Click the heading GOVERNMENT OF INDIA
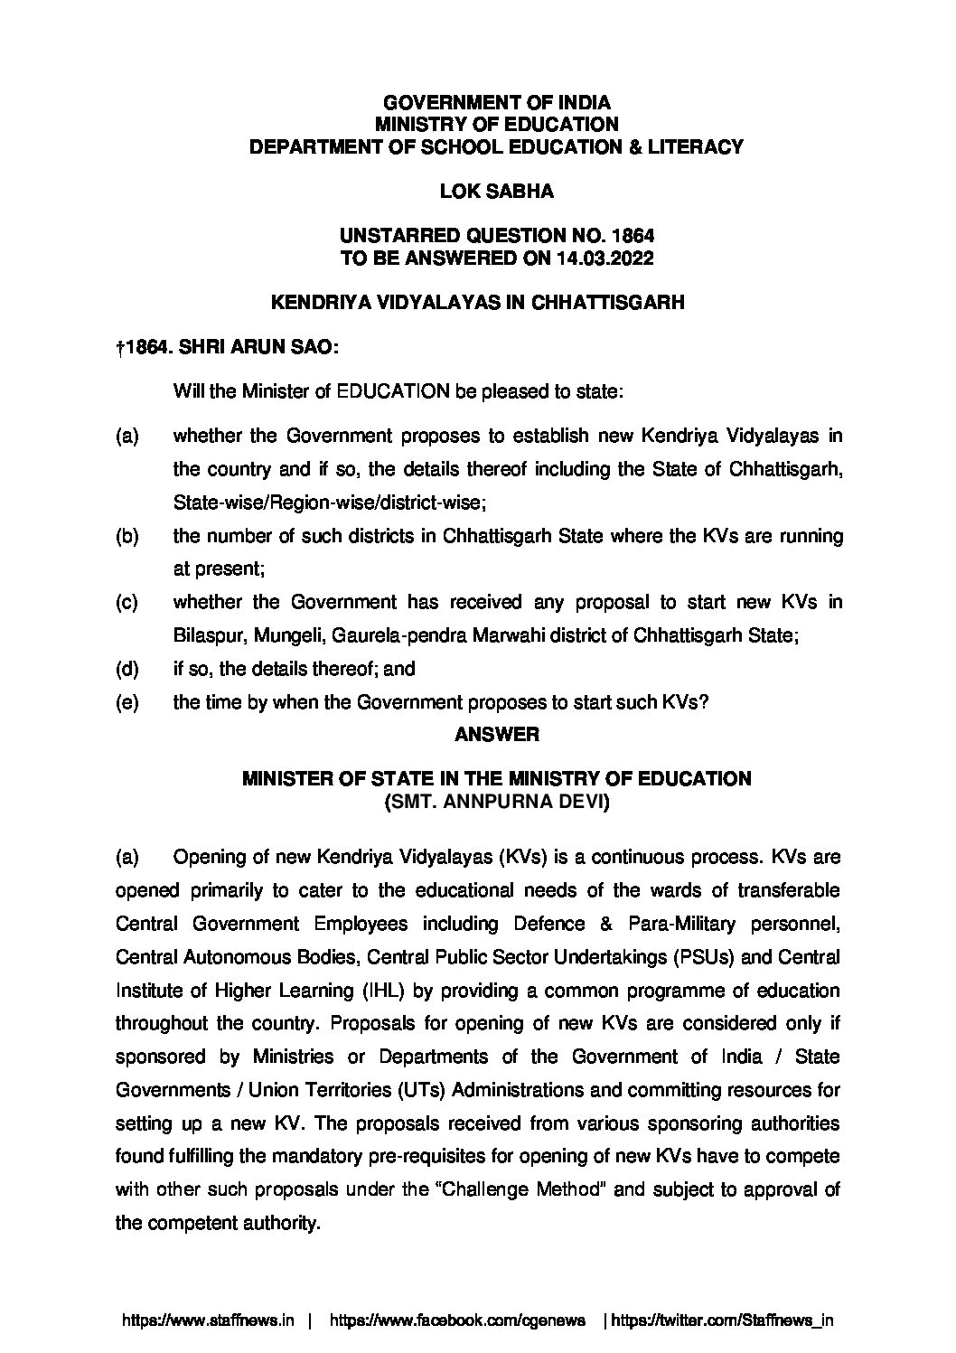496,103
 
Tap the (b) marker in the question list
127,536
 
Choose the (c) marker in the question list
127,602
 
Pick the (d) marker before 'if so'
127,669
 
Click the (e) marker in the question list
127,702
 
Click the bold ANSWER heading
496,735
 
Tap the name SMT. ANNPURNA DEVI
496,801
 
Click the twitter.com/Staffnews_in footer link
722,1320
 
